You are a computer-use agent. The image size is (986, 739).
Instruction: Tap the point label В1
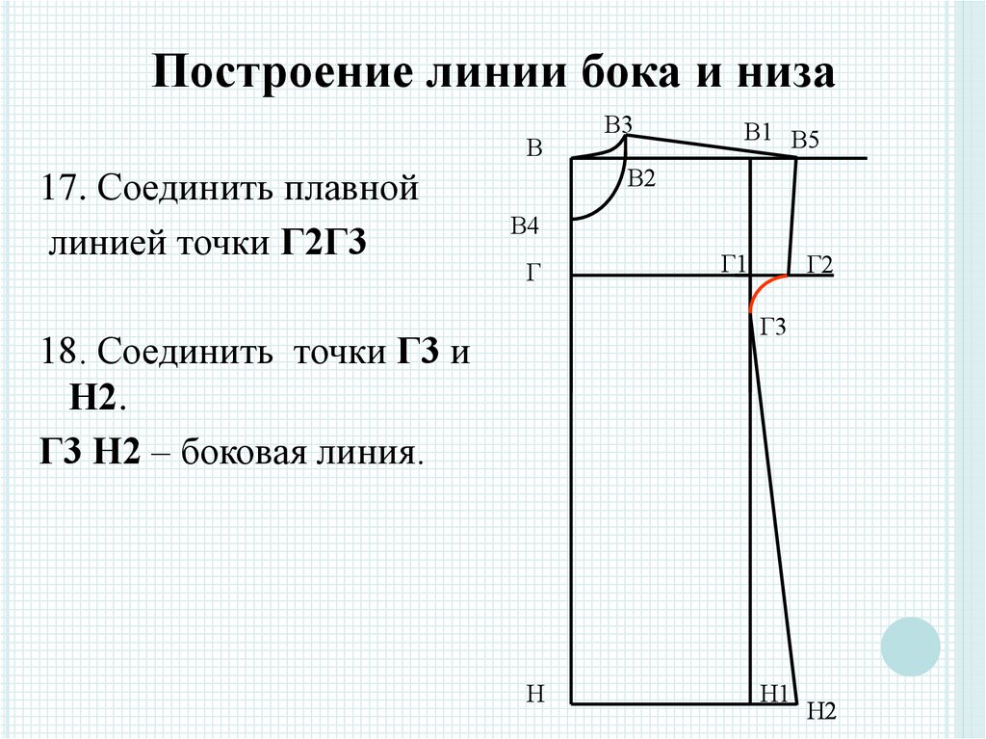[x=758, y=133]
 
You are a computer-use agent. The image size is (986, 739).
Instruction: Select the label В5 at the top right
[x=804, y=141]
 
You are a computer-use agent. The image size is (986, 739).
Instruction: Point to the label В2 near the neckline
[x=640, y=177]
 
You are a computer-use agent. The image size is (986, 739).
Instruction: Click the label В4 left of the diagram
[x=525, y=226]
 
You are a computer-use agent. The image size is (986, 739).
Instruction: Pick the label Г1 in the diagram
[x=734, y=262]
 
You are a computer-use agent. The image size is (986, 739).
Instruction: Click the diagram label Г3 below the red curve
[x=773, y=328]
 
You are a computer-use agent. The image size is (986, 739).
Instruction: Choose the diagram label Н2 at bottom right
[x=821, y=711]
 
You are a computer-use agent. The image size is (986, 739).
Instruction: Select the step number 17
[x=60, y=188]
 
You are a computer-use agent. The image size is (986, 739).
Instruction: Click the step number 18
[x=60, y=353]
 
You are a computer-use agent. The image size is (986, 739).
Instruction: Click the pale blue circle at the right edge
[x=909, y=646]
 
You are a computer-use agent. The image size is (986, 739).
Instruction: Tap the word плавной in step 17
[x=349, y=188]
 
